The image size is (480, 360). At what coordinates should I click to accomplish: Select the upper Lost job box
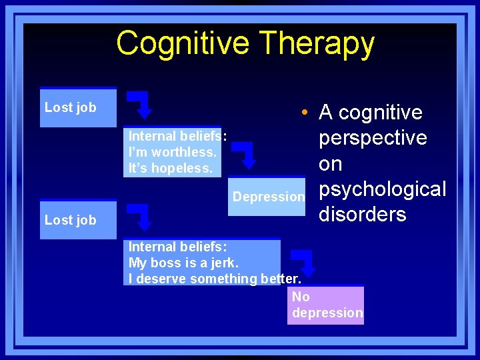(x=78, y=107)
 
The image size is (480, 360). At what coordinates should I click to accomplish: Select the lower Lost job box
(x=78, y=220)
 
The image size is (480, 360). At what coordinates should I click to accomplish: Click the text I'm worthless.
(x=173, y=152)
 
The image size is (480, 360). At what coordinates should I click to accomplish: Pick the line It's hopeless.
(x=171, y=169)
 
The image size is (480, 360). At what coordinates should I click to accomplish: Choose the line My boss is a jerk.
(x=183, y=263)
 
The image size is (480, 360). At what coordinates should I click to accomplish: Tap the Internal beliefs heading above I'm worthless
(x=177, y=136)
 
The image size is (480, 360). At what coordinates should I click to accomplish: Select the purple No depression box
(x=326, y=305)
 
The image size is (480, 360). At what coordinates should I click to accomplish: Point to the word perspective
(x=373, y=138)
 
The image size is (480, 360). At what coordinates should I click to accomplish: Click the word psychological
(x=382, y=189)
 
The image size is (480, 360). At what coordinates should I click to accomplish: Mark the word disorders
(x=362, y=214)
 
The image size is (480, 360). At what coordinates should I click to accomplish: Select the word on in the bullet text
(x=331, y=163)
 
